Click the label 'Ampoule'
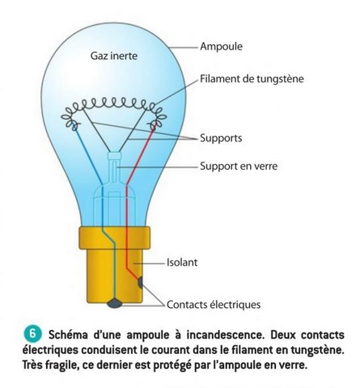pos(221,47)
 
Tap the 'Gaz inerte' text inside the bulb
pos(114,56)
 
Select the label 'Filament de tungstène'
pos(252,78)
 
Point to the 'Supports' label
pos(221,138)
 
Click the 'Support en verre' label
pos(239,166)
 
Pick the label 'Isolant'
pos(182,262)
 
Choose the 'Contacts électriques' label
pos(214,305)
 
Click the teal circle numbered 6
pos(32,334)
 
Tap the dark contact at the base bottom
pos(114,303)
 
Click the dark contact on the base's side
pos(140,282)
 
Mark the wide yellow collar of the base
pos(114,238)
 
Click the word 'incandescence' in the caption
pos(225,335)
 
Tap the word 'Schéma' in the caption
pos(68,335)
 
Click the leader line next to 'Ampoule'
pos(184,48)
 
